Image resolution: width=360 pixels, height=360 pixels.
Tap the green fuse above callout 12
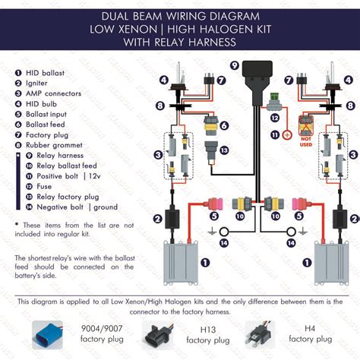[x=279, y=96]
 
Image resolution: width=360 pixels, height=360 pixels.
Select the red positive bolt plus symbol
[x=287, y=135]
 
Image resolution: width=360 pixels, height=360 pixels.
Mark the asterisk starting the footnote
[x=17, y=225]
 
